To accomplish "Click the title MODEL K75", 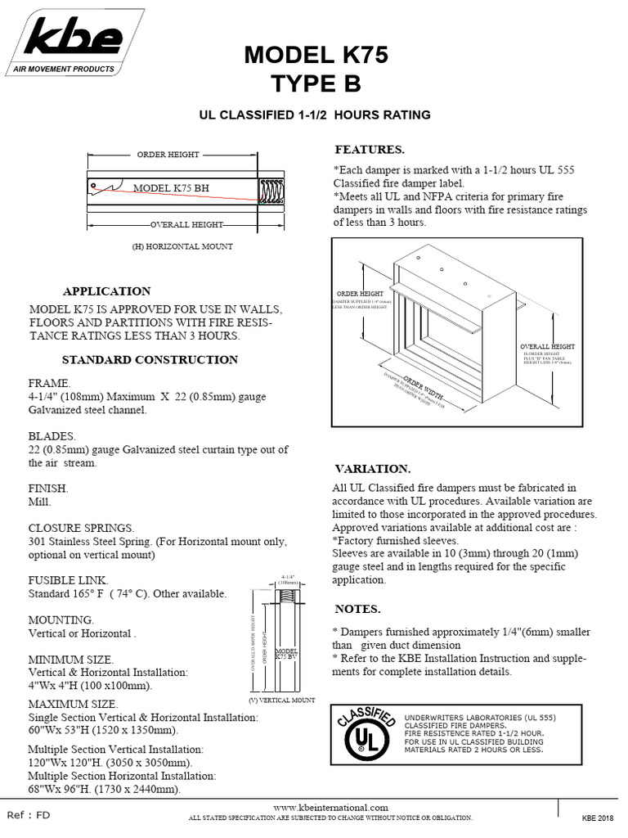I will (316, 56).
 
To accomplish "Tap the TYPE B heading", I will (316, 84).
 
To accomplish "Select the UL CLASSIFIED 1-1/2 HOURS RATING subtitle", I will (316, 115).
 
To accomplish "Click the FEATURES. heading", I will (370, 151).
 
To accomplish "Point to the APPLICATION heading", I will (107, 291).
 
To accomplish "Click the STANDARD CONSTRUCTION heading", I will (150, 359).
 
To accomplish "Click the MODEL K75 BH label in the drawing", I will (171, 187).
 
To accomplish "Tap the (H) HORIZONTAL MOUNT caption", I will (182, 246).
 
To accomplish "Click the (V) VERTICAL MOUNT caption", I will (281, 701).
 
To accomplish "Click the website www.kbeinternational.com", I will (330, 807).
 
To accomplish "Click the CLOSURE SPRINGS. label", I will (81, 528).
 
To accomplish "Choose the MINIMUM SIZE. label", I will (71, 659).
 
